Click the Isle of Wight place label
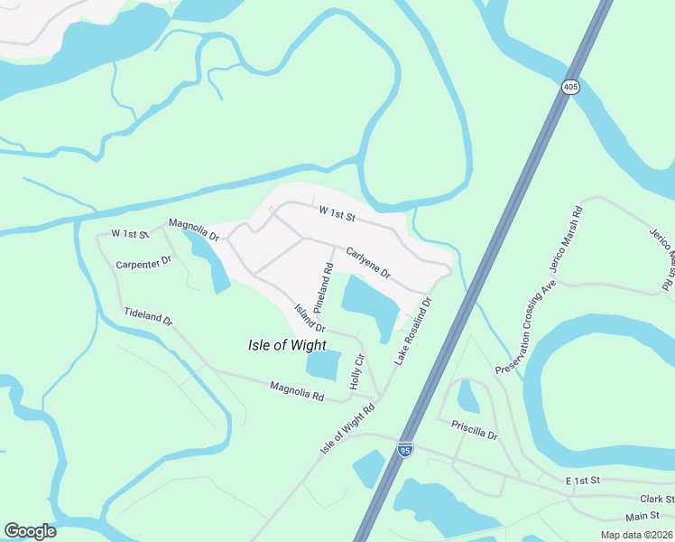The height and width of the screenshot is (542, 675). [287, 344]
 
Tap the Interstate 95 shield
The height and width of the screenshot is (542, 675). [406, 449]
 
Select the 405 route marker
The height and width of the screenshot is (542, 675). [569, 87]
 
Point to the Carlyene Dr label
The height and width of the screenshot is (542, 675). [368, 262]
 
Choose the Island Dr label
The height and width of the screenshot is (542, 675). [309, 317]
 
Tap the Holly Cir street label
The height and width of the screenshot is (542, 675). [358, 372]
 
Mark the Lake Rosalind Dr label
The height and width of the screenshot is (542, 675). [413, 332]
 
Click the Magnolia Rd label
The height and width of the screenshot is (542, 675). [297, 391]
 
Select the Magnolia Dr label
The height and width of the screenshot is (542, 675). [194, 229]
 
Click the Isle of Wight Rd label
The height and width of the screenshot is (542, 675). [347, 430]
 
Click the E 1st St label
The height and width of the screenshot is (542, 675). [582, 482]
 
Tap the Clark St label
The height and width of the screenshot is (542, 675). [657, 499]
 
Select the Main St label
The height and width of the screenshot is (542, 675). [642, 517]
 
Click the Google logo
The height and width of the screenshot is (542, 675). [30, 531]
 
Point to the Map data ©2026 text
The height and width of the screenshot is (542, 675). [635, 535]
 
